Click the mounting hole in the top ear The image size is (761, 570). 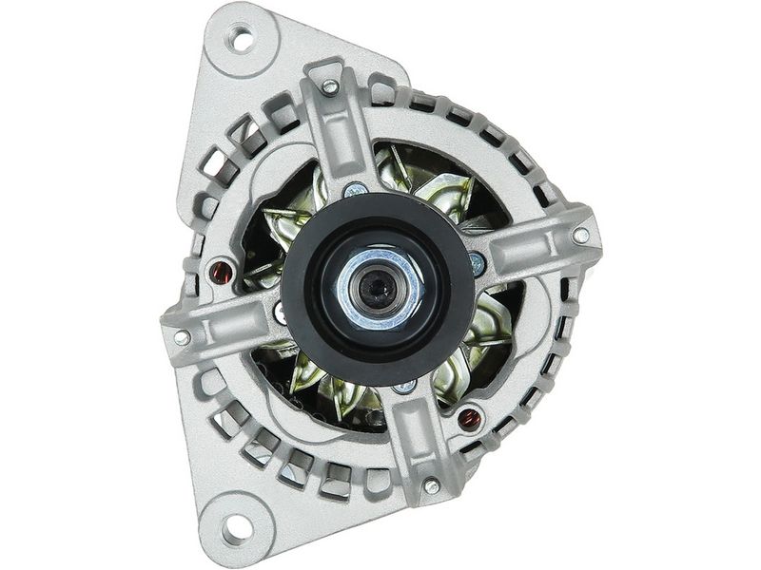(x=242, y=40)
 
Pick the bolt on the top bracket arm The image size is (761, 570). (x=329, y=87)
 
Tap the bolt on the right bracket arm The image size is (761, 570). (x=580, y=235)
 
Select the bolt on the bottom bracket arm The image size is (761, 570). (x=432, y=486)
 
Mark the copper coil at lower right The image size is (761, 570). (x=468, y=415)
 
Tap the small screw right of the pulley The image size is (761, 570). (x=478, y=257)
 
